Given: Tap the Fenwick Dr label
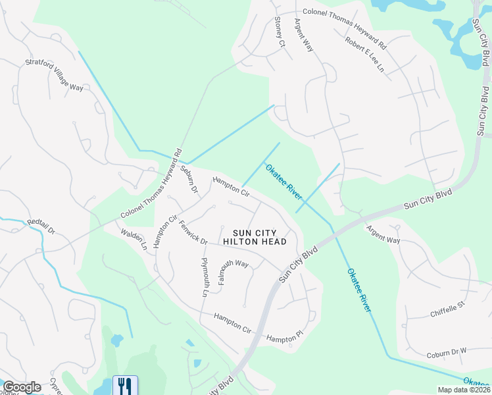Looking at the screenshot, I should pos(193,232).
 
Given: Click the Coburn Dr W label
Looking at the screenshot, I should pos(446,352).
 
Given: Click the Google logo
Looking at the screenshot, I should pos(22,387).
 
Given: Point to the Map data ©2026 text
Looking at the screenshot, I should pos(463,390).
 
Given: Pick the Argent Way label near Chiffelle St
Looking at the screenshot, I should pos(383,234).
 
